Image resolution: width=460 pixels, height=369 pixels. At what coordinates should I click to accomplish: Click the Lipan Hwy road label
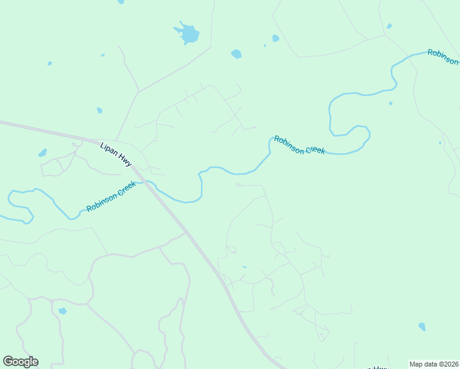point(116,154)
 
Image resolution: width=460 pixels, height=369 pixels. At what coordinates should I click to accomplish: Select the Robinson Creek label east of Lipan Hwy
point(299,145)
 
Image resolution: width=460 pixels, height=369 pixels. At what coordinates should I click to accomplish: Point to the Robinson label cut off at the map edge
point(443,57)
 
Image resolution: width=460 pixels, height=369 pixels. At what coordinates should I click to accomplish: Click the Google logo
point(20,361)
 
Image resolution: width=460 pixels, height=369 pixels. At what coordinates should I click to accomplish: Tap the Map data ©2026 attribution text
point(434,364)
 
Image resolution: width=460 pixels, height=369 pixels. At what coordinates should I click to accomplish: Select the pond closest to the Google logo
point(62,311)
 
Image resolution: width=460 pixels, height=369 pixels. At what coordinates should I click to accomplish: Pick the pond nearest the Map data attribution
point(421,327)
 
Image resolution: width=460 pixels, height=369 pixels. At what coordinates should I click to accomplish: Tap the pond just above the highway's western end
point(42,153)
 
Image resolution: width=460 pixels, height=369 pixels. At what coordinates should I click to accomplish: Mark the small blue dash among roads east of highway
point(244,267)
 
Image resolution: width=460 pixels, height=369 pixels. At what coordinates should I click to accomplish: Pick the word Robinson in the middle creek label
point(289,142)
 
